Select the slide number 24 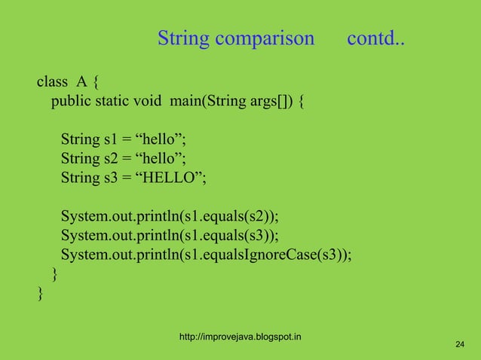[459, 345]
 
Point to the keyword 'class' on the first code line [52, 81]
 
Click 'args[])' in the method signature [269, 101]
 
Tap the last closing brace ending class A [40, 293]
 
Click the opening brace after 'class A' [98, 81]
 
